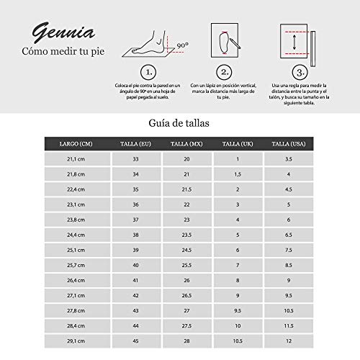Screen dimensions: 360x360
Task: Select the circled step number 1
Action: click(147, 72)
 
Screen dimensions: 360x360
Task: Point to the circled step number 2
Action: click(225, 72)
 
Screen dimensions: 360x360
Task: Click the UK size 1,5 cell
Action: click(238, 174)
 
